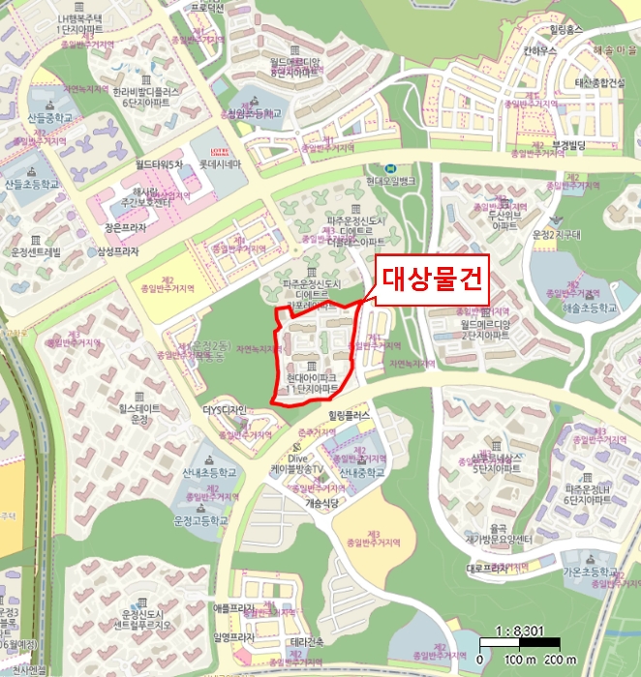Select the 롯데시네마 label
(x=222, y=163)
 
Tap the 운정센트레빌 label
(x=36, y=252)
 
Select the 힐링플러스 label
(x=351, y=414)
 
